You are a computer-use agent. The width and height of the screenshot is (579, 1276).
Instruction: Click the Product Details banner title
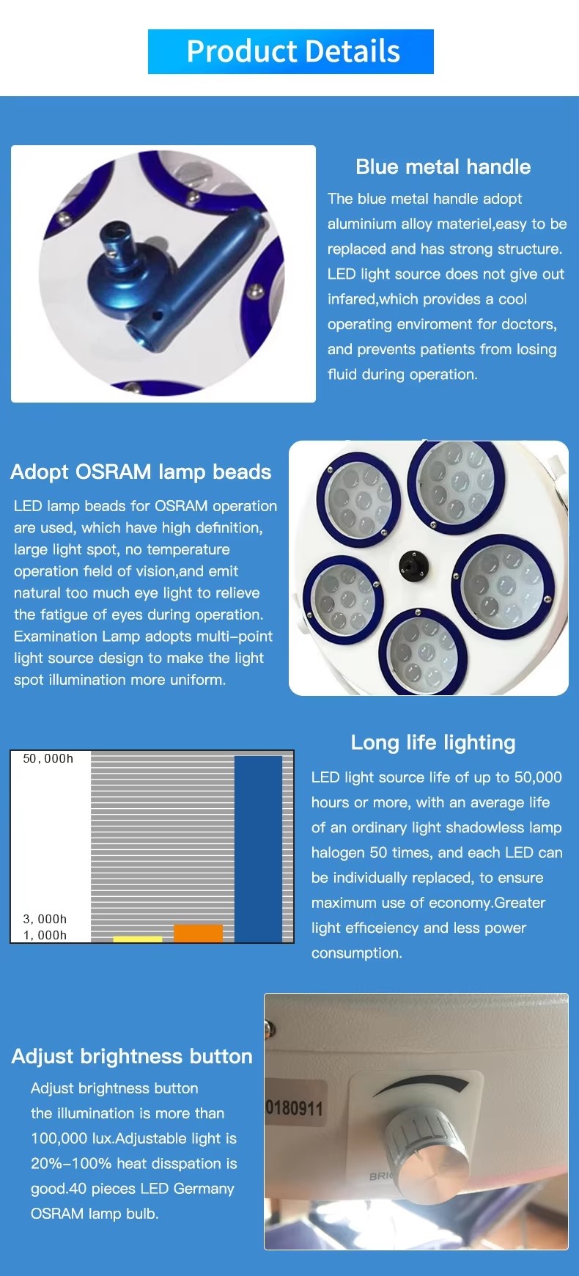[x=293, y=51]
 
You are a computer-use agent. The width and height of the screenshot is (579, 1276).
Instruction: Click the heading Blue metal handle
[x=443, y=166]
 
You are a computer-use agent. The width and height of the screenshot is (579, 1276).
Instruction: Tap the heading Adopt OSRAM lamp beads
[x=141, y=472]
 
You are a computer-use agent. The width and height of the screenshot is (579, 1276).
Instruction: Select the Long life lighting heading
[x=433, y=742]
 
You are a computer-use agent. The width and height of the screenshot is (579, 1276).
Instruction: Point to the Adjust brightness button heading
[x=132, y=1056]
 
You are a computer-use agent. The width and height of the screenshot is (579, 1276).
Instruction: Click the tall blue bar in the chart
[x=258, y=848]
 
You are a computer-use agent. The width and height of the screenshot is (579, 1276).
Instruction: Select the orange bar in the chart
[x=198, y=933]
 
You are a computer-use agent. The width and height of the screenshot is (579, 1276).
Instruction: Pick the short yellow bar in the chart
[x=138, y=939]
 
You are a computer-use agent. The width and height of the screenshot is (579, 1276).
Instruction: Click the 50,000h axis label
[x=48, y=759]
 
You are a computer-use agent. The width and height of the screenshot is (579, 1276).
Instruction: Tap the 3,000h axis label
[x=45, y=919]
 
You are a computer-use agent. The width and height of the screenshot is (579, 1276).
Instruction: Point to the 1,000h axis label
[x=45, y=935]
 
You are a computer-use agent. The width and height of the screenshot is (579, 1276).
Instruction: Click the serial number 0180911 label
[x=294, y=1107]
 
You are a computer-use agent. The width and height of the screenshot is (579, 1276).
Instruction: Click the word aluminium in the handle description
[x=362, y=224]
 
